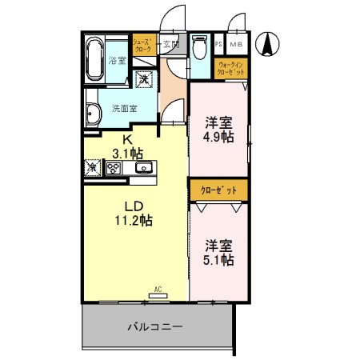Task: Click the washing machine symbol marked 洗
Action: click(x=144, y=78)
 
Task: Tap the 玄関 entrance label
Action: click(x=170, y=44)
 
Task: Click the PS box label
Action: click(x=219, y=45)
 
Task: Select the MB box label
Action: click(x=238, y=45)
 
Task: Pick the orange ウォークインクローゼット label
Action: click(x=233, y=69)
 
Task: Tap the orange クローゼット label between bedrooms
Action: click(x=218, y=192)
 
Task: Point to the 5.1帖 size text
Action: click(x=218, y=260)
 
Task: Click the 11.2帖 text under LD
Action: click(x=133, y=220)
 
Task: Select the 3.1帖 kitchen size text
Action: click(x=127, y=152)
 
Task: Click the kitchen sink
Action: click(x=144, y=168)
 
